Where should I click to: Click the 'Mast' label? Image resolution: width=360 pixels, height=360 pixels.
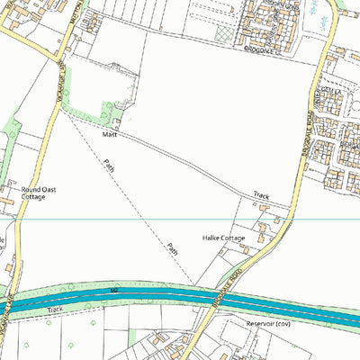[x=110, y=135]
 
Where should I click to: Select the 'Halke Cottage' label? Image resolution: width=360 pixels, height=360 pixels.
[x=223, y=238]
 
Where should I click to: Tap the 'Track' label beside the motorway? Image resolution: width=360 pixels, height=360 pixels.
[x=57, y=308]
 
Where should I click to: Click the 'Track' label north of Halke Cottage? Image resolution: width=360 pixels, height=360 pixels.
[x=261, y=195]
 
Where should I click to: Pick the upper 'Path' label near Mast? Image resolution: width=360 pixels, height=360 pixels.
[x=110, y=166]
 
